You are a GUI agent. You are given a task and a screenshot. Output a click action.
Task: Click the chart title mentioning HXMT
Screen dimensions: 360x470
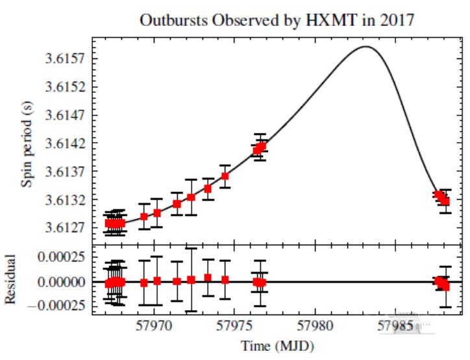pyautogui.click(x=277, y=20)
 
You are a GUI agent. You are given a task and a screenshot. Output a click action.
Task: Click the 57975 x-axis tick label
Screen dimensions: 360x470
pyautogui.click(x=236, y=324)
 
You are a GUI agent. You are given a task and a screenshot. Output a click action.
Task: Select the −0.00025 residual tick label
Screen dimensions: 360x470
pyautogui.click(x=58, y=306)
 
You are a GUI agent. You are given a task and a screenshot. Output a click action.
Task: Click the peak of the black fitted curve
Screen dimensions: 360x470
pyautogui.click(x=365, y=46)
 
